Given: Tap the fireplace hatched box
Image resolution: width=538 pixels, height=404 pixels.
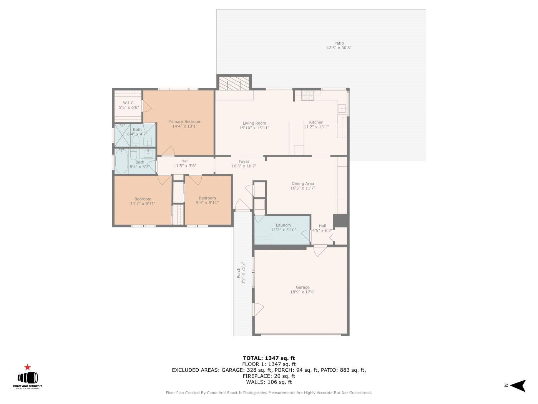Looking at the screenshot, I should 234,83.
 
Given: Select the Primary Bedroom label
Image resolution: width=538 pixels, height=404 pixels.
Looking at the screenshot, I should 185,122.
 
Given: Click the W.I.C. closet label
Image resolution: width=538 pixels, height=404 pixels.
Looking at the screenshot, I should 129,103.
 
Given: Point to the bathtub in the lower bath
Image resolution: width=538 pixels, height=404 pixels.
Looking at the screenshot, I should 122,162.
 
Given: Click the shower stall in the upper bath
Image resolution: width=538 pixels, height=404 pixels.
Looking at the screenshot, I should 123,135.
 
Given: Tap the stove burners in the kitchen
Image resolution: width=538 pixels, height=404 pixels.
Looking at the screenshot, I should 307,95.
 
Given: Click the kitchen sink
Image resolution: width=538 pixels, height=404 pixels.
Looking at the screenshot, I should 342,109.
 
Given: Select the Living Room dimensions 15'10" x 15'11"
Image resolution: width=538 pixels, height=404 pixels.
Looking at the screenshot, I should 254,128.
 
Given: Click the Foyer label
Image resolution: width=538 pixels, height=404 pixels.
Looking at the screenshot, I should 244,162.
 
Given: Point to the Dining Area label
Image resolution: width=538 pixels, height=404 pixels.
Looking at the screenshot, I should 303,184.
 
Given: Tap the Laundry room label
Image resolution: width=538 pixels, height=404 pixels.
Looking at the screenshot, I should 284,225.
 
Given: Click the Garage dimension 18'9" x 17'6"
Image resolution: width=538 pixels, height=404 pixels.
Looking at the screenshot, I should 303,292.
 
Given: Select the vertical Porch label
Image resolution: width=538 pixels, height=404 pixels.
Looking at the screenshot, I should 238,273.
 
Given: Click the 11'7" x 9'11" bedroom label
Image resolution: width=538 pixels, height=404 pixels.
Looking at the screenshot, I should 143,204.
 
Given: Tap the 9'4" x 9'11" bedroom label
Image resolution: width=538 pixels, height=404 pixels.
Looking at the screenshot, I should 208,202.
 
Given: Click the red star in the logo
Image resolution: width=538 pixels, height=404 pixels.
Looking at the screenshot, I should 27,367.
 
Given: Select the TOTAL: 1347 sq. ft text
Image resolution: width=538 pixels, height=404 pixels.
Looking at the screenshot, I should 269,358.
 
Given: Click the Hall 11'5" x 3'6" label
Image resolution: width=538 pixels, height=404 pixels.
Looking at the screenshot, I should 185,161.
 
